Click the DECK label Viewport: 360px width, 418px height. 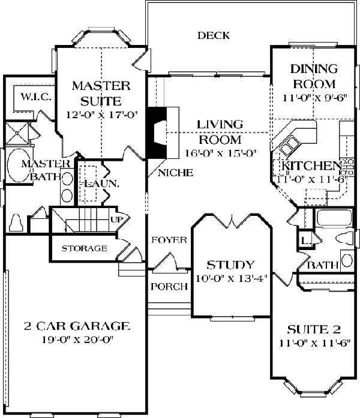pyautogui.click(x=214, y=35)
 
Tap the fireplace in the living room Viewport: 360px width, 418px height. pyautogui.click(x=162, y=133)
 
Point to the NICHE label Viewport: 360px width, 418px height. pyautogui.click(x=175, y=173)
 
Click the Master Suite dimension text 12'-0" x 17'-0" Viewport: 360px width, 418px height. pyautogui.click(x=101, y=115)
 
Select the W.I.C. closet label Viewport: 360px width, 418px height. pyautogui.click(x=36, y=97)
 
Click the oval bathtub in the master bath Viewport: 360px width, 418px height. pyautogui.click(x=19, y=166)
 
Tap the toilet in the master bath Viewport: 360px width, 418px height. pyautogui.click(x=16, y=223)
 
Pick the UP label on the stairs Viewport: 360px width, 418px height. pyautogui.click(x=117, y=219)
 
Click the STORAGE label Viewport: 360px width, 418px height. pyautogui.click(x=84, y=248)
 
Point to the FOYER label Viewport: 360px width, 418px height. pyautogui.click(x=169, y=240)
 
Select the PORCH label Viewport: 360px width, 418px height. pyautogui.click(x=169, y=287)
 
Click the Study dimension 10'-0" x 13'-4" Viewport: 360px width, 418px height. pyautogui.click(x=231, y=279)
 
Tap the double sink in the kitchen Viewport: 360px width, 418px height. pyautogui.click(x=289, y=145)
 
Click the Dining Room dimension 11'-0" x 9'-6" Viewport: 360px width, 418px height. pyautogui.click(x=315, y=98)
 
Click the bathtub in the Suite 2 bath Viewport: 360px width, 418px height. pyautogui.click(x=334, y=219)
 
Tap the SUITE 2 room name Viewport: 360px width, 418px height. pyautogui.click(x=314, y=330)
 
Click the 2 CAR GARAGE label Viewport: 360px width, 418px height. pyautogui.click(x=77, y=326)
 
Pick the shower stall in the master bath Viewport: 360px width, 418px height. pyautogui.click(x=17, y=133)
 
